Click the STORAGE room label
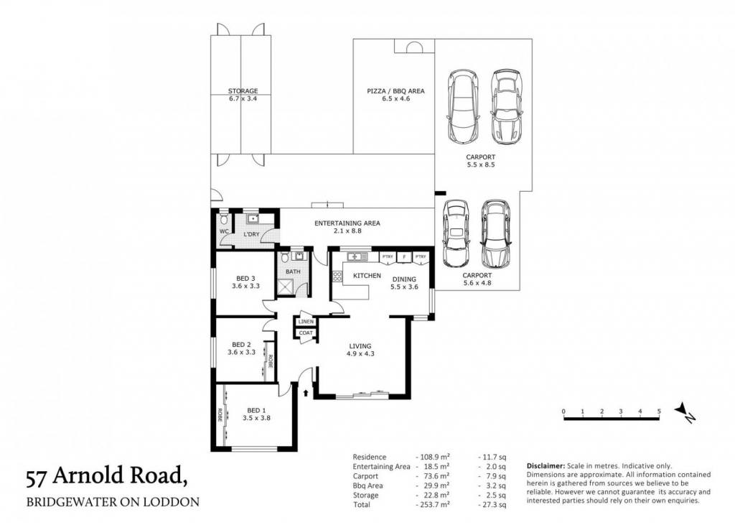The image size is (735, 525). [x=243, y=91]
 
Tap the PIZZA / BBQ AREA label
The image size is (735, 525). [x=395, y=91]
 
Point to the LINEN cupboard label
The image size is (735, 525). [x=306, y=322]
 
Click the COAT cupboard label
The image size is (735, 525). [x=306, y=333]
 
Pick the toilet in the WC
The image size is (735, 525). [x=224, y=219]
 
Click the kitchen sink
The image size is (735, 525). [x=357, y=256]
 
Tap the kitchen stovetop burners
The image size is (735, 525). [x=337, y=276]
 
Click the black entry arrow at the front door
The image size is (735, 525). [x=306, y=392]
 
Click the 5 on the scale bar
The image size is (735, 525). [x=659, y=412]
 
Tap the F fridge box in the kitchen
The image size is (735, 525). [x=403, y=257]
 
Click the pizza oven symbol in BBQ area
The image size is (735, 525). [x=414, y=47]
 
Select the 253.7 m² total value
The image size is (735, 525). [x=433, y=505]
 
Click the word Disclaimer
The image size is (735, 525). [x=546, y=466]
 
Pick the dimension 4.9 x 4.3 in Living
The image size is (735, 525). [x=360, y=354]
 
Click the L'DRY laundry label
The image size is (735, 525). [x=251, y=234]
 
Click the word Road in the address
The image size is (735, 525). [x=150, y=475]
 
